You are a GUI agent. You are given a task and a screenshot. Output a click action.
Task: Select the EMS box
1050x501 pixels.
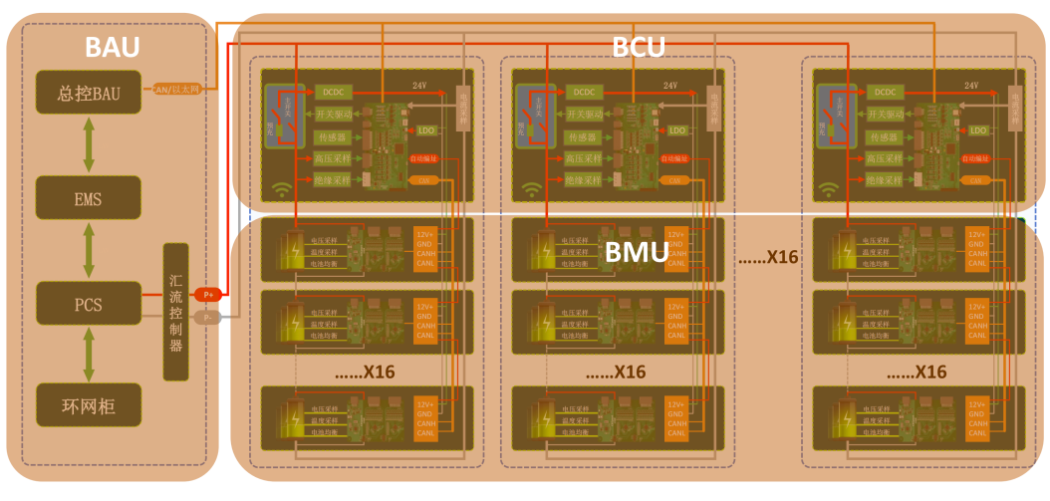point(90,197)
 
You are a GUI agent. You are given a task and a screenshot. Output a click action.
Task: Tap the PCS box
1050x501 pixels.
point(90,303)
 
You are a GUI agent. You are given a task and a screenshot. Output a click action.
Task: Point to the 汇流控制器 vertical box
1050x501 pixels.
point(176,312)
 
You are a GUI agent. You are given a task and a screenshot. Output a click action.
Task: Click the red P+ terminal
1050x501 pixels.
point(208,294)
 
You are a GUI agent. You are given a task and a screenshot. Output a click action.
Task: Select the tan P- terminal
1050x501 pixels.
point(208,318)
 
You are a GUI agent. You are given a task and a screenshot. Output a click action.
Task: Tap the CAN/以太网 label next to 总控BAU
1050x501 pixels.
point(177,90)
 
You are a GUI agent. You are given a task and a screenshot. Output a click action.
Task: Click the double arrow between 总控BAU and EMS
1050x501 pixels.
point(90,144)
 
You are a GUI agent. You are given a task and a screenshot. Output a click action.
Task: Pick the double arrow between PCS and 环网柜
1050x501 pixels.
point(90,354)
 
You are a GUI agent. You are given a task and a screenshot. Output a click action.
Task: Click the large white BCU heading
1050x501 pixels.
point(639,47)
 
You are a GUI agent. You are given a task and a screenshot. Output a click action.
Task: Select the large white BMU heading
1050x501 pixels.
point(637,252)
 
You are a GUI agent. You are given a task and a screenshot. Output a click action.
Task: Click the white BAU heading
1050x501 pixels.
point(112,47)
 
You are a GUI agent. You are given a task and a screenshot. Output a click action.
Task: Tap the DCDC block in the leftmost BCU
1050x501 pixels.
point(333,92)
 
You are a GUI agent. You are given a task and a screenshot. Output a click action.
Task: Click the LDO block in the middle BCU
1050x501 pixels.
point(676,130)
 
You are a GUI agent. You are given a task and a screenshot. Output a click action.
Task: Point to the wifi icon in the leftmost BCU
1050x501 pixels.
point(281,188)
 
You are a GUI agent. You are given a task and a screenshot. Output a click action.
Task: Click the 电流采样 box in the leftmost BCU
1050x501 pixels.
point(462,108)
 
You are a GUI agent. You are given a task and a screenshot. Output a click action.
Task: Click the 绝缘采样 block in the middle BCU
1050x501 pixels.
point(583,180)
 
